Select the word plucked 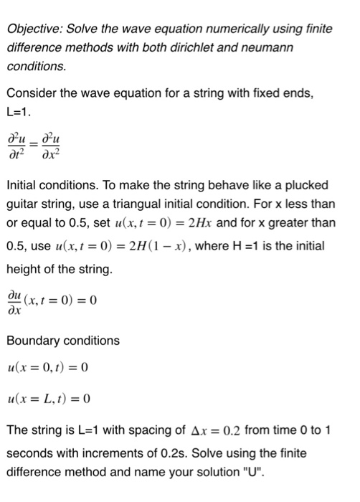pos(308,185)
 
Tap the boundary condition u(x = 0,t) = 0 pos(48,369)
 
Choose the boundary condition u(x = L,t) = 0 pos(48,398)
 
